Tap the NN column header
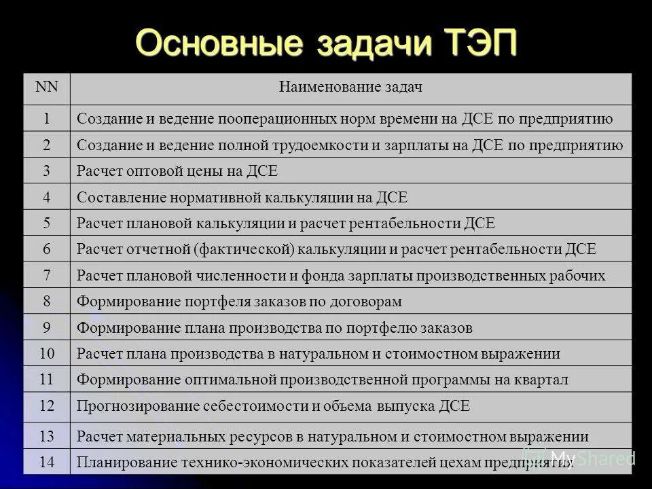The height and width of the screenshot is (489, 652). click(47, 87)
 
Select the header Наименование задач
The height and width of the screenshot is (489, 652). click(350, 87)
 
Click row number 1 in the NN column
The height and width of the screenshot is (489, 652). click(47, 119)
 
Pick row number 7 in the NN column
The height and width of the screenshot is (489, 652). click(47, 275)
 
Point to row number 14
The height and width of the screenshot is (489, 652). click(47, 463)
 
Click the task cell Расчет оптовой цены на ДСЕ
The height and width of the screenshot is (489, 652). click(177, 171)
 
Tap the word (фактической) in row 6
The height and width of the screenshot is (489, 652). click(244, 249)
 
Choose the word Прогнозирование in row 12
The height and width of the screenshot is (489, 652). click(138, 406)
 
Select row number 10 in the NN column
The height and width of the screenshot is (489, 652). click(47, 353)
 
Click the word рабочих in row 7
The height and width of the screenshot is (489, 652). click(579, 275)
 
